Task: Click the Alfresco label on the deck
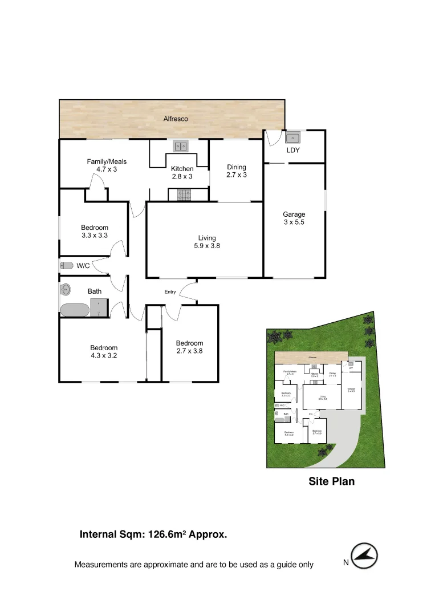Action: coord(176,119)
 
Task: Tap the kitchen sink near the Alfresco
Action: coord(181,147)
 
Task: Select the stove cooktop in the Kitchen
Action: coord(184,195)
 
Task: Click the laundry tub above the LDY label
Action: coord(293,137)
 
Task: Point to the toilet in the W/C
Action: coord(67,265)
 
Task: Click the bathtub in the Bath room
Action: coord(75,310)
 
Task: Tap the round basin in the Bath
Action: coord(65,289)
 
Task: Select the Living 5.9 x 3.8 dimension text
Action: coord(207,246)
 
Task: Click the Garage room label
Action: coord(294,214)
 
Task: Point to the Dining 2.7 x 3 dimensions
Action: coord(237,175)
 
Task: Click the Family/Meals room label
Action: coord(107,161)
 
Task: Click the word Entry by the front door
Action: coord(170,292)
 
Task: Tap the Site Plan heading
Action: coord(331,481)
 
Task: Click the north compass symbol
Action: coord(364,555)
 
